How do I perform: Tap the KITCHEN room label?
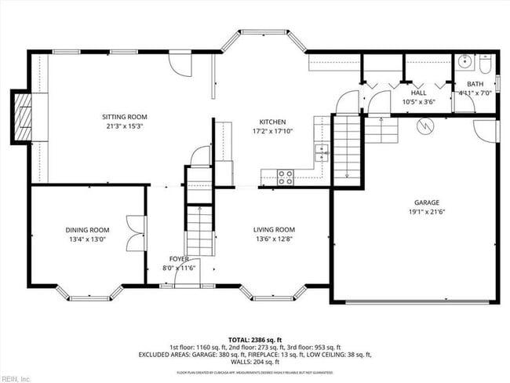273,122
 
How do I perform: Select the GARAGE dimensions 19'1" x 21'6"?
415,210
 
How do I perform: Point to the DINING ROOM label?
87,230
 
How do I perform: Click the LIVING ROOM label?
274,229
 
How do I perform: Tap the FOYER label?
179,258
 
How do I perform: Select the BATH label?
475,84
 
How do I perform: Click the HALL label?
418,93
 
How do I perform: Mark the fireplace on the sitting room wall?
24,118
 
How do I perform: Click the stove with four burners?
286,177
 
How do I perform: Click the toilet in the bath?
484,60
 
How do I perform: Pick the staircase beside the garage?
348,149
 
